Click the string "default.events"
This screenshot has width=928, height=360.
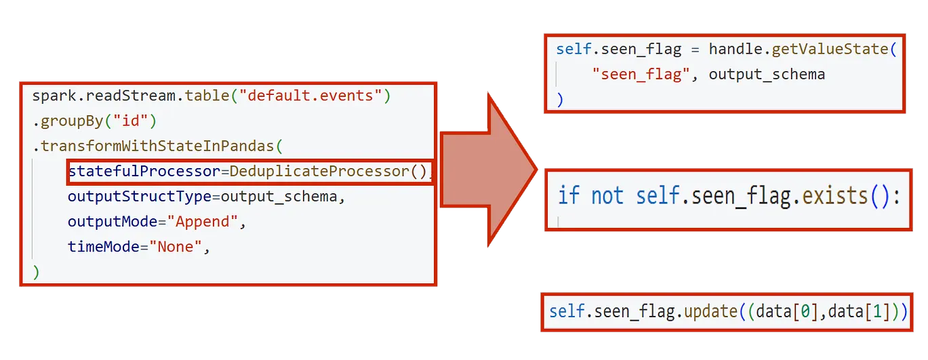point(310,96)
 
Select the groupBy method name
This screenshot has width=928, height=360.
point(72,121)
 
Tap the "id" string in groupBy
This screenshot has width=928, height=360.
point(131,121)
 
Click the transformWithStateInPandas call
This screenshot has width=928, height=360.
point(157,146)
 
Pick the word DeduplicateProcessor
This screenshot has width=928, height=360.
point(319,171)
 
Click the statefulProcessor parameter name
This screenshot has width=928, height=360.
point(144,171)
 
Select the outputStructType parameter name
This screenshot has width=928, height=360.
point(140,197)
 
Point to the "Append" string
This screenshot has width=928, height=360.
point(203,222)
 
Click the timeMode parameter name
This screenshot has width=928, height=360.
point(104,247)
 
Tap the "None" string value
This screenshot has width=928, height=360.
point(176,247)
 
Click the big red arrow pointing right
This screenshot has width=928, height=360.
point(489,170)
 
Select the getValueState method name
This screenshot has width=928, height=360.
point(830,49)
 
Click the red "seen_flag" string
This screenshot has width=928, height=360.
point(641,75)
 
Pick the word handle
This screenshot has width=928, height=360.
point(735,49)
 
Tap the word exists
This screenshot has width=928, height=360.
point(834,195)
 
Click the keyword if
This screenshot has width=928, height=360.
point(569,195)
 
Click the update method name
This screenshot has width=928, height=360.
point(711,312)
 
